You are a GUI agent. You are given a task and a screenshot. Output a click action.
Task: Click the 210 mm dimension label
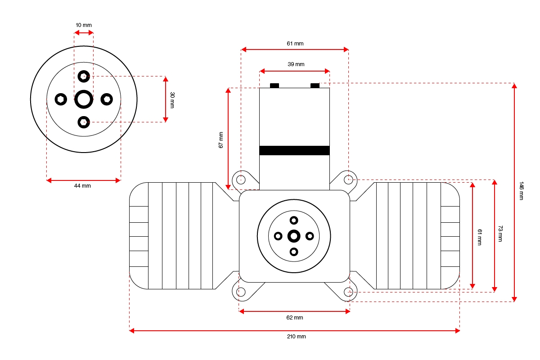[295, 337]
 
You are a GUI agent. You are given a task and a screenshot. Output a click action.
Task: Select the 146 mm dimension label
[522, 191]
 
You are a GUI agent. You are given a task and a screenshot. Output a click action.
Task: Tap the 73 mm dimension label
[500, 234]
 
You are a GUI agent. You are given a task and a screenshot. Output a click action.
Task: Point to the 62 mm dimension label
[295, 318]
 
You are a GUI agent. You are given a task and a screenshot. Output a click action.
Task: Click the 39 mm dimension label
[296, 64]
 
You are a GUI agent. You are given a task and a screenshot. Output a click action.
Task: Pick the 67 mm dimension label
[221, 140]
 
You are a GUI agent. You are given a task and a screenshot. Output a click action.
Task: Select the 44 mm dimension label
[83, 186]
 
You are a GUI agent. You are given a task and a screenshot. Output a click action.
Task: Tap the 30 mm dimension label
[172, 99]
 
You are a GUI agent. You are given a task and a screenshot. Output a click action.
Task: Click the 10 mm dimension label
[84, 25]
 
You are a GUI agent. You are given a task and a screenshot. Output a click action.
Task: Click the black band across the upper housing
[294, 151]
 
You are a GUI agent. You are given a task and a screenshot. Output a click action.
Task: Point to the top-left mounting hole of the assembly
[241, 180]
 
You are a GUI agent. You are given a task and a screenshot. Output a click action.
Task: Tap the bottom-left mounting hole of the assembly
[241, 292]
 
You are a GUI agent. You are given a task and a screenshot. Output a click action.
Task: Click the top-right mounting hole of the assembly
[348, 180]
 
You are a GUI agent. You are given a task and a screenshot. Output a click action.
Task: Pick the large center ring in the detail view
[84, 99]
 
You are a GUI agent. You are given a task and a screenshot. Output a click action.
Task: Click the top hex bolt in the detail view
[84, 76]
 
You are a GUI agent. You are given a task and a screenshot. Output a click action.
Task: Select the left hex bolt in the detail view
[61, 99]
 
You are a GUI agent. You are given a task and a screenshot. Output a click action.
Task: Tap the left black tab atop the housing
[274, 85]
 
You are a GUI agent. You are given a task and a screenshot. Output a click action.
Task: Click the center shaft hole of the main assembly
[294, 236]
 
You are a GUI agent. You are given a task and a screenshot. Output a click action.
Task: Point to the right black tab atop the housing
[315, 85]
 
